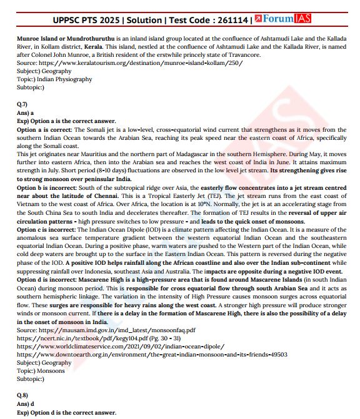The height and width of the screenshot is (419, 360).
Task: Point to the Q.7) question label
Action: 22,104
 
